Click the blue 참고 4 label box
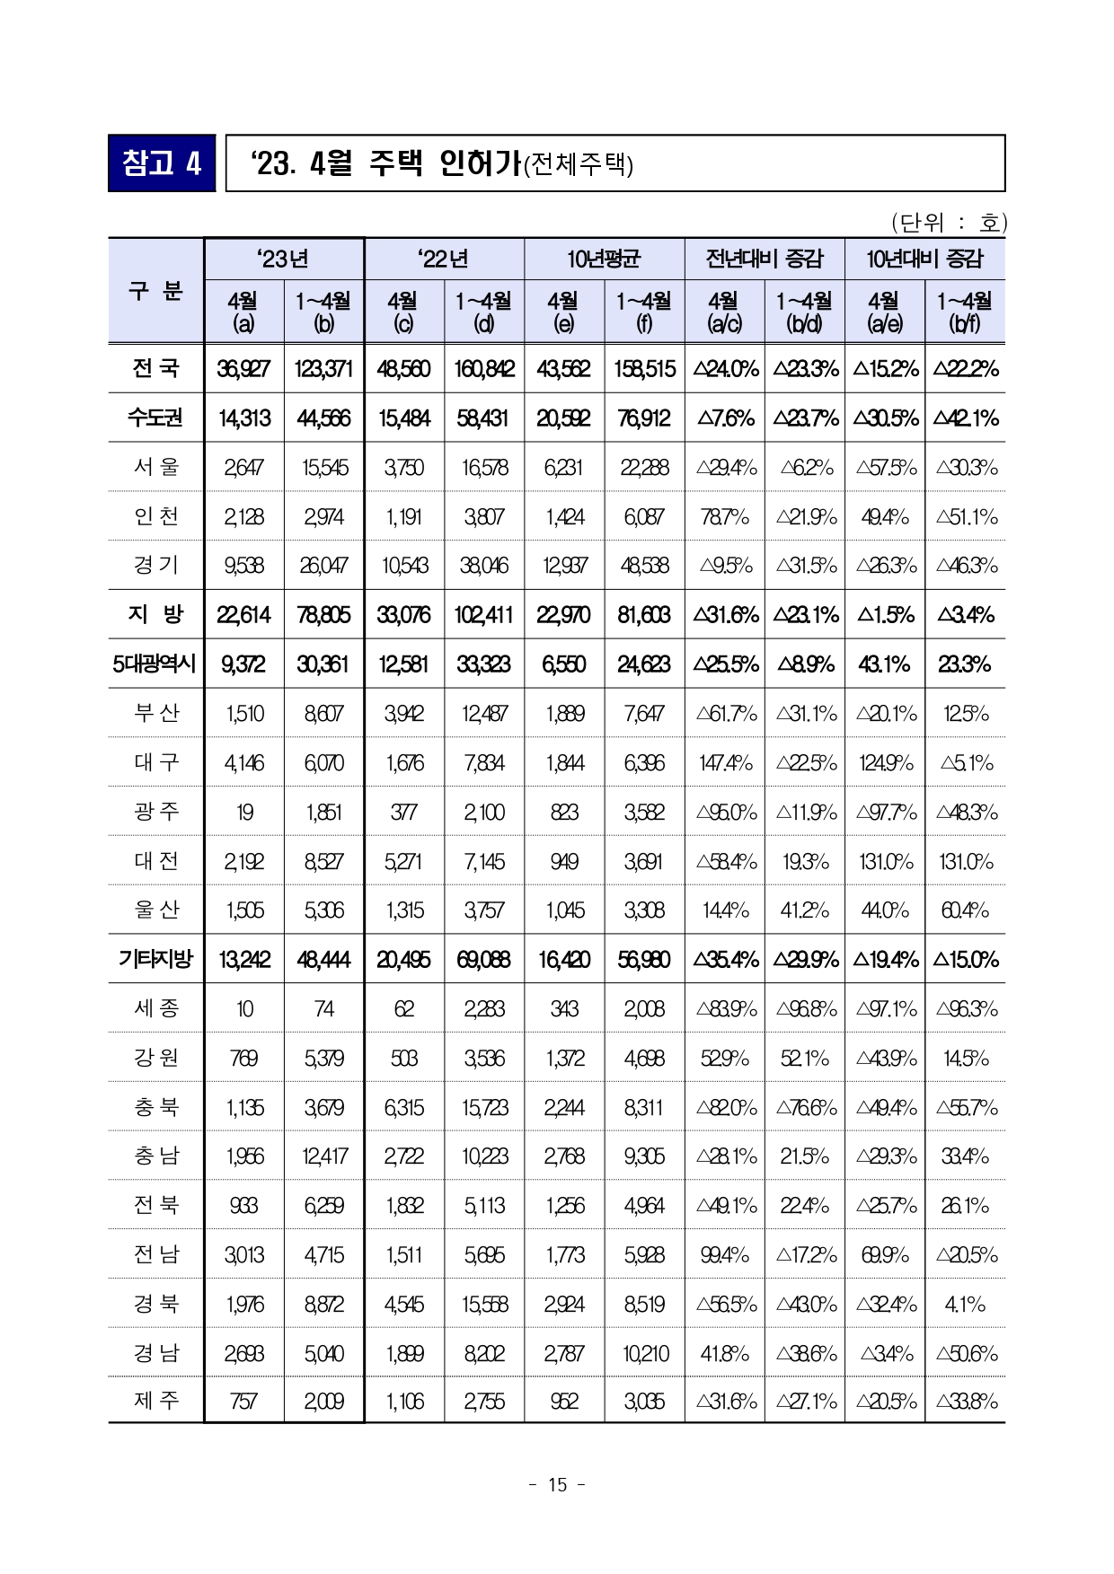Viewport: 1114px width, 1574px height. coord(162,163)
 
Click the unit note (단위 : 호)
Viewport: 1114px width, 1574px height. coord(948,222)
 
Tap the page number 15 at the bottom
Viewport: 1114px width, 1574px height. coord(557,1484)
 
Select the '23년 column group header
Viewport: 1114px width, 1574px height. coord(284,259)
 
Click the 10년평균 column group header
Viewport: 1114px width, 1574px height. coord(604,259)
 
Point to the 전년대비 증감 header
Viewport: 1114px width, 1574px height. coord(764,259)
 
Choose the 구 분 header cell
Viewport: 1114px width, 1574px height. coord(156,291)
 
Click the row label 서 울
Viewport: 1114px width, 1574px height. coord(156,467)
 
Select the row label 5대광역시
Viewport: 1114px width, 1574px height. coord(155,664)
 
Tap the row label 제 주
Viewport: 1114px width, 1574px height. coord(156,1400)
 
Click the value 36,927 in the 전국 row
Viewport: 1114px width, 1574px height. coord(243,369)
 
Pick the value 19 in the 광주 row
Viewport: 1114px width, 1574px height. coord(244,812)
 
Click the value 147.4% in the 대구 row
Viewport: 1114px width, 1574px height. coord(725,763)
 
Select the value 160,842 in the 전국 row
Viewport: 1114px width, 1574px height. coord(484,369)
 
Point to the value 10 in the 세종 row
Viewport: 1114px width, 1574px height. coord(244,1009)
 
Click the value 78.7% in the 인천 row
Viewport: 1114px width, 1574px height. coord(725,517)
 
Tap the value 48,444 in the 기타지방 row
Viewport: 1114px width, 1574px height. coord(323,960)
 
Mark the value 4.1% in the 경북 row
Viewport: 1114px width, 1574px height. coord(965,1304)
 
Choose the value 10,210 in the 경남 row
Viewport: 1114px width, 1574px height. coord(645,1353)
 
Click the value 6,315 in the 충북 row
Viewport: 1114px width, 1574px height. coord(404,1107)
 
